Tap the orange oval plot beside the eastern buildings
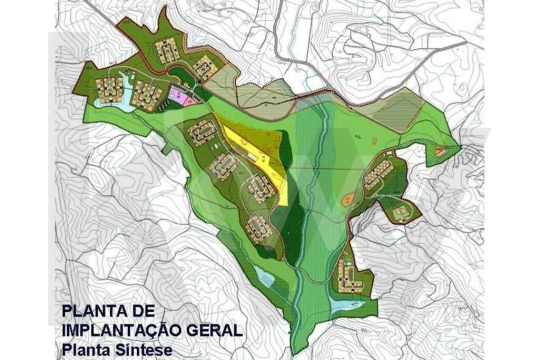[x=348, y=199]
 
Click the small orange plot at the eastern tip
[x=439, y=149]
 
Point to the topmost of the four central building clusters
[x=202, y=131]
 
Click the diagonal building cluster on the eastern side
[x=378, y=174]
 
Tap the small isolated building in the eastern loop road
[x=399, y=214]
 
